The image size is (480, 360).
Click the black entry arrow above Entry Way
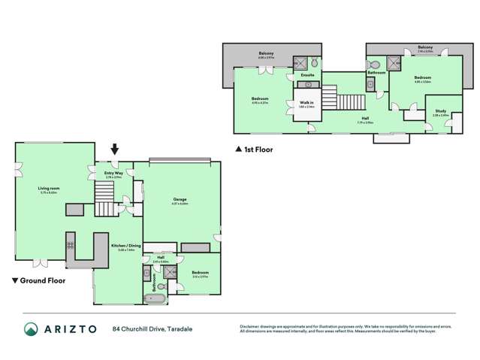[x=114, y=150]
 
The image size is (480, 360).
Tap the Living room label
[x=49, y=189]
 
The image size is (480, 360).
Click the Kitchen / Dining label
[x=121, y=246]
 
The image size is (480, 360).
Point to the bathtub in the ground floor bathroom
[x=155, y=298]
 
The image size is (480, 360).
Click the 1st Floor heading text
[x=258, y=150]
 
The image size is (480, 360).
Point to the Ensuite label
[x=307, y=76]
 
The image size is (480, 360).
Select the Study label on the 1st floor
[x=440, y=111]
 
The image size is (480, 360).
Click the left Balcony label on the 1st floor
[x=266, y=53]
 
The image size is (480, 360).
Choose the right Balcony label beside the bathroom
[x=425, y=47]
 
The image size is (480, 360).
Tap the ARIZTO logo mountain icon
[x=31, y=328]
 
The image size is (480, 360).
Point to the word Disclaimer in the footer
[x=251, y=325]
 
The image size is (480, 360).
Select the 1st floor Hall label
[x=365, y=119]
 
